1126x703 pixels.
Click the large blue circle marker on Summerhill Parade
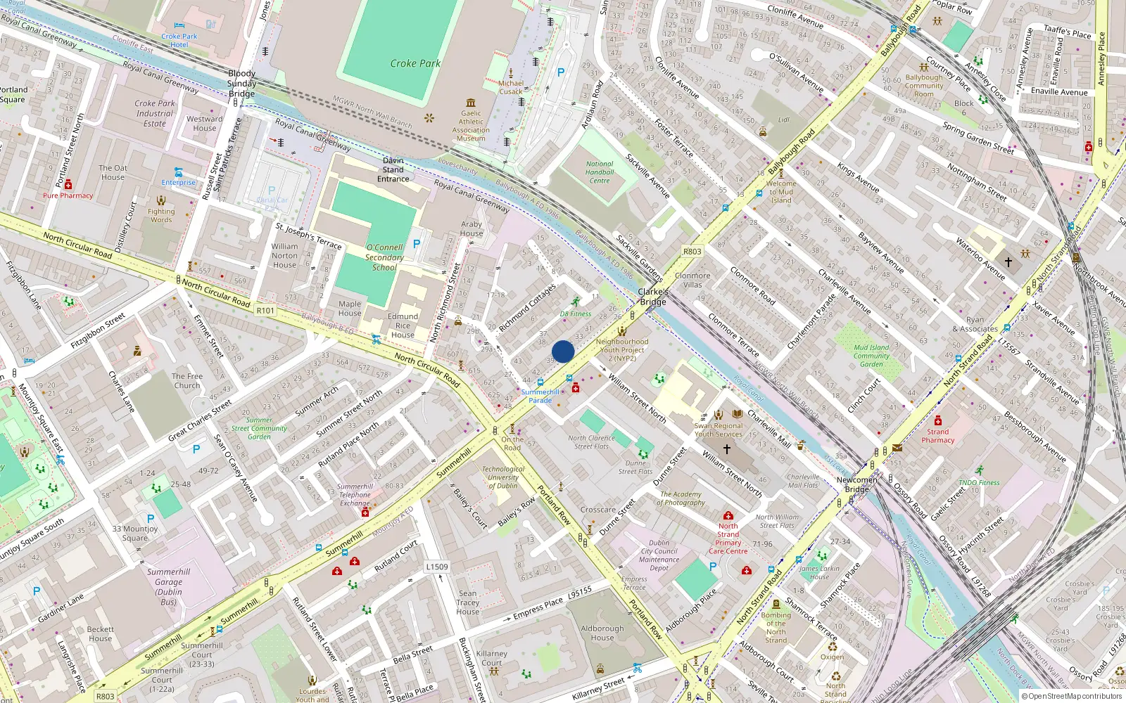click(x=563, y=351)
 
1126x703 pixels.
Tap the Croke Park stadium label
click(x=415, y=63)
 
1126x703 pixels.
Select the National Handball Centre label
click(x=600, y=172)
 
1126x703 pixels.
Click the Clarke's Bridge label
click(x=653, y=297)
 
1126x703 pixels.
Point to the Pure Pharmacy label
click(x=68, y=195)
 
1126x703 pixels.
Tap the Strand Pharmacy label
click(x=937, y=436)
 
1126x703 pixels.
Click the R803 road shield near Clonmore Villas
click(x=692, y=251)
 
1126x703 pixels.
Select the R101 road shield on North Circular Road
click(x=265, y=310)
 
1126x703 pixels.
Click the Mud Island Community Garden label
click(x=871, y=356)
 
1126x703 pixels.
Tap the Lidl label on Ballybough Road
click(x=783, y=120)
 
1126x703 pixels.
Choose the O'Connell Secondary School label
click(x=384, y=257)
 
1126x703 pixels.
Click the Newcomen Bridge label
click(x=856, y=484)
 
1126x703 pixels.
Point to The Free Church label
click(x=187, y=380)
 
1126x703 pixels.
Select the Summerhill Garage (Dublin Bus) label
click(x=168, y=587)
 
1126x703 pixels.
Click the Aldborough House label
click(x=602, y=633)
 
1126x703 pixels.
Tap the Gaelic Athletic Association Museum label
click(x=471, y=126)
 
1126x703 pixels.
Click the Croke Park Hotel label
click(x=179, y=40)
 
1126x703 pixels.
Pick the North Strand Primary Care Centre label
click(x=728, y=538)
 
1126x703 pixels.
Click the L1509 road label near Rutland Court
click(x=437, y=567)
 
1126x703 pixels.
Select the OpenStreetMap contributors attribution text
click(x=1072, y=696)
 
